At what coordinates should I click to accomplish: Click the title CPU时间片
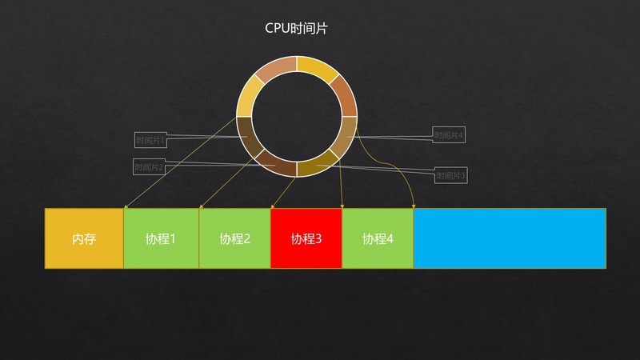[296, 28]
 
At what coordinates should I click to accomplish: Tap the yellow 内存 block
[84, 238]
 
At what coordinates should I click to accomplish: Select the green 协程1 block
[161, 238]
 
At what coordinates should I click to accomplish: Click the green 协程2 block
[234, 238]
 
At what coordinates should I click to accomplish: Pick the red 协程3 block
[306, 238]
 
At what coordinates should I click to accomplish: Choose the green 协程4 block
[378, 238]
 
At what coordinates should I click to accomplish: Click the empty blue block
[510, 238]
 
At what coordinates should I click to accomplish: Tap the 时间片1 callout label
[150, 140]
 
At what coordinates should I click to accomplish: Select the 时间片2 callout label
[150, 167]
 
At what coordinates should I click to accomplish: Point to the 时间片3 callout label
[450, 175]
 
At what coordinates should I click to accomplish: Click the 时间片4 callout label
[449, 135]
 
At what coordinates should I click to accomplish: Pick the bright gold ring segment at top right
[318, 69]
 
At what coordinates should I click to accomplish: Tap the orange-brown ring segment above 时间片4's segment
[343, 94]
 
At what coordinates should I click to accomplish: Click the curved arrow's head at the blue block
[413, 206]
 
